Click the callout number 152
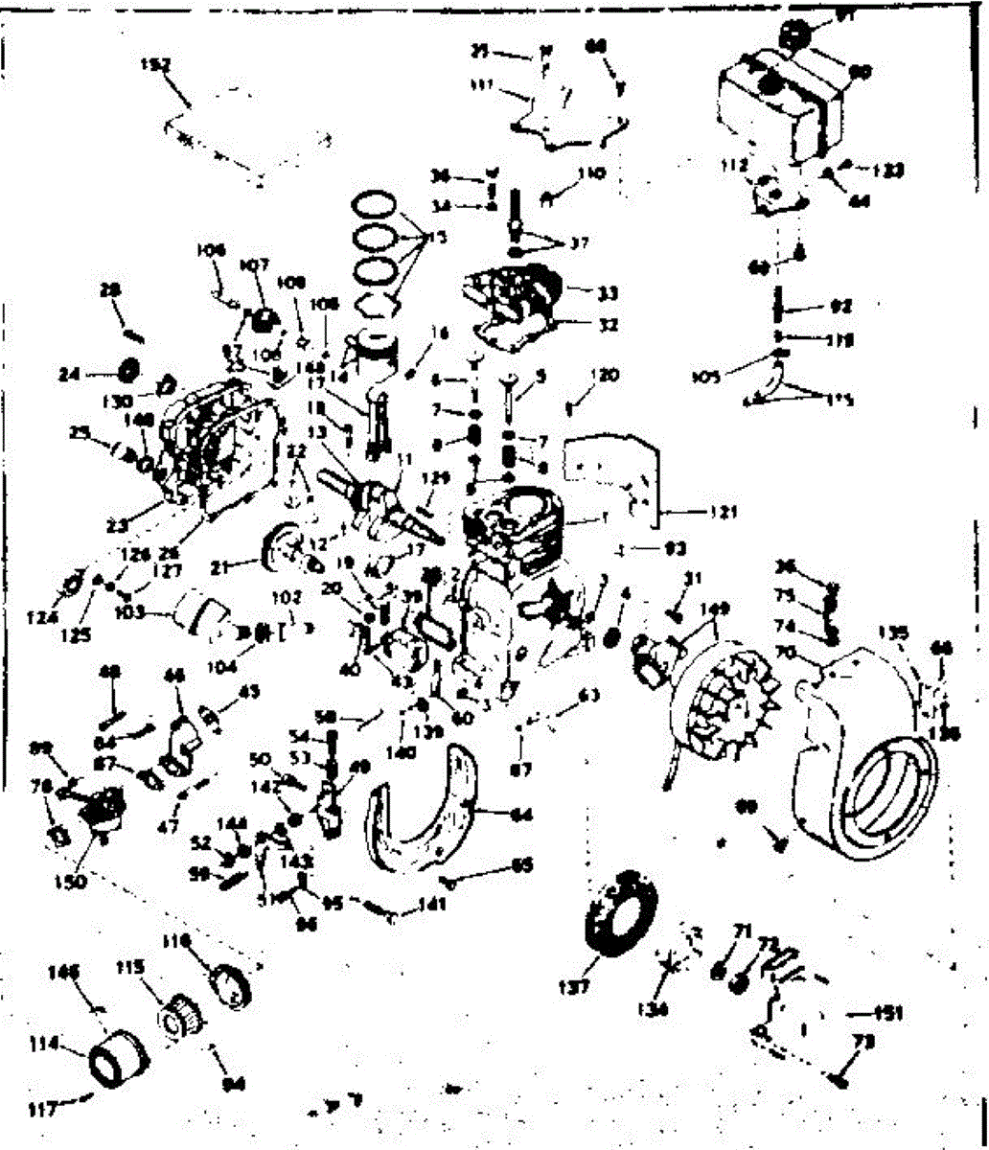(x=154, y=65)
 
